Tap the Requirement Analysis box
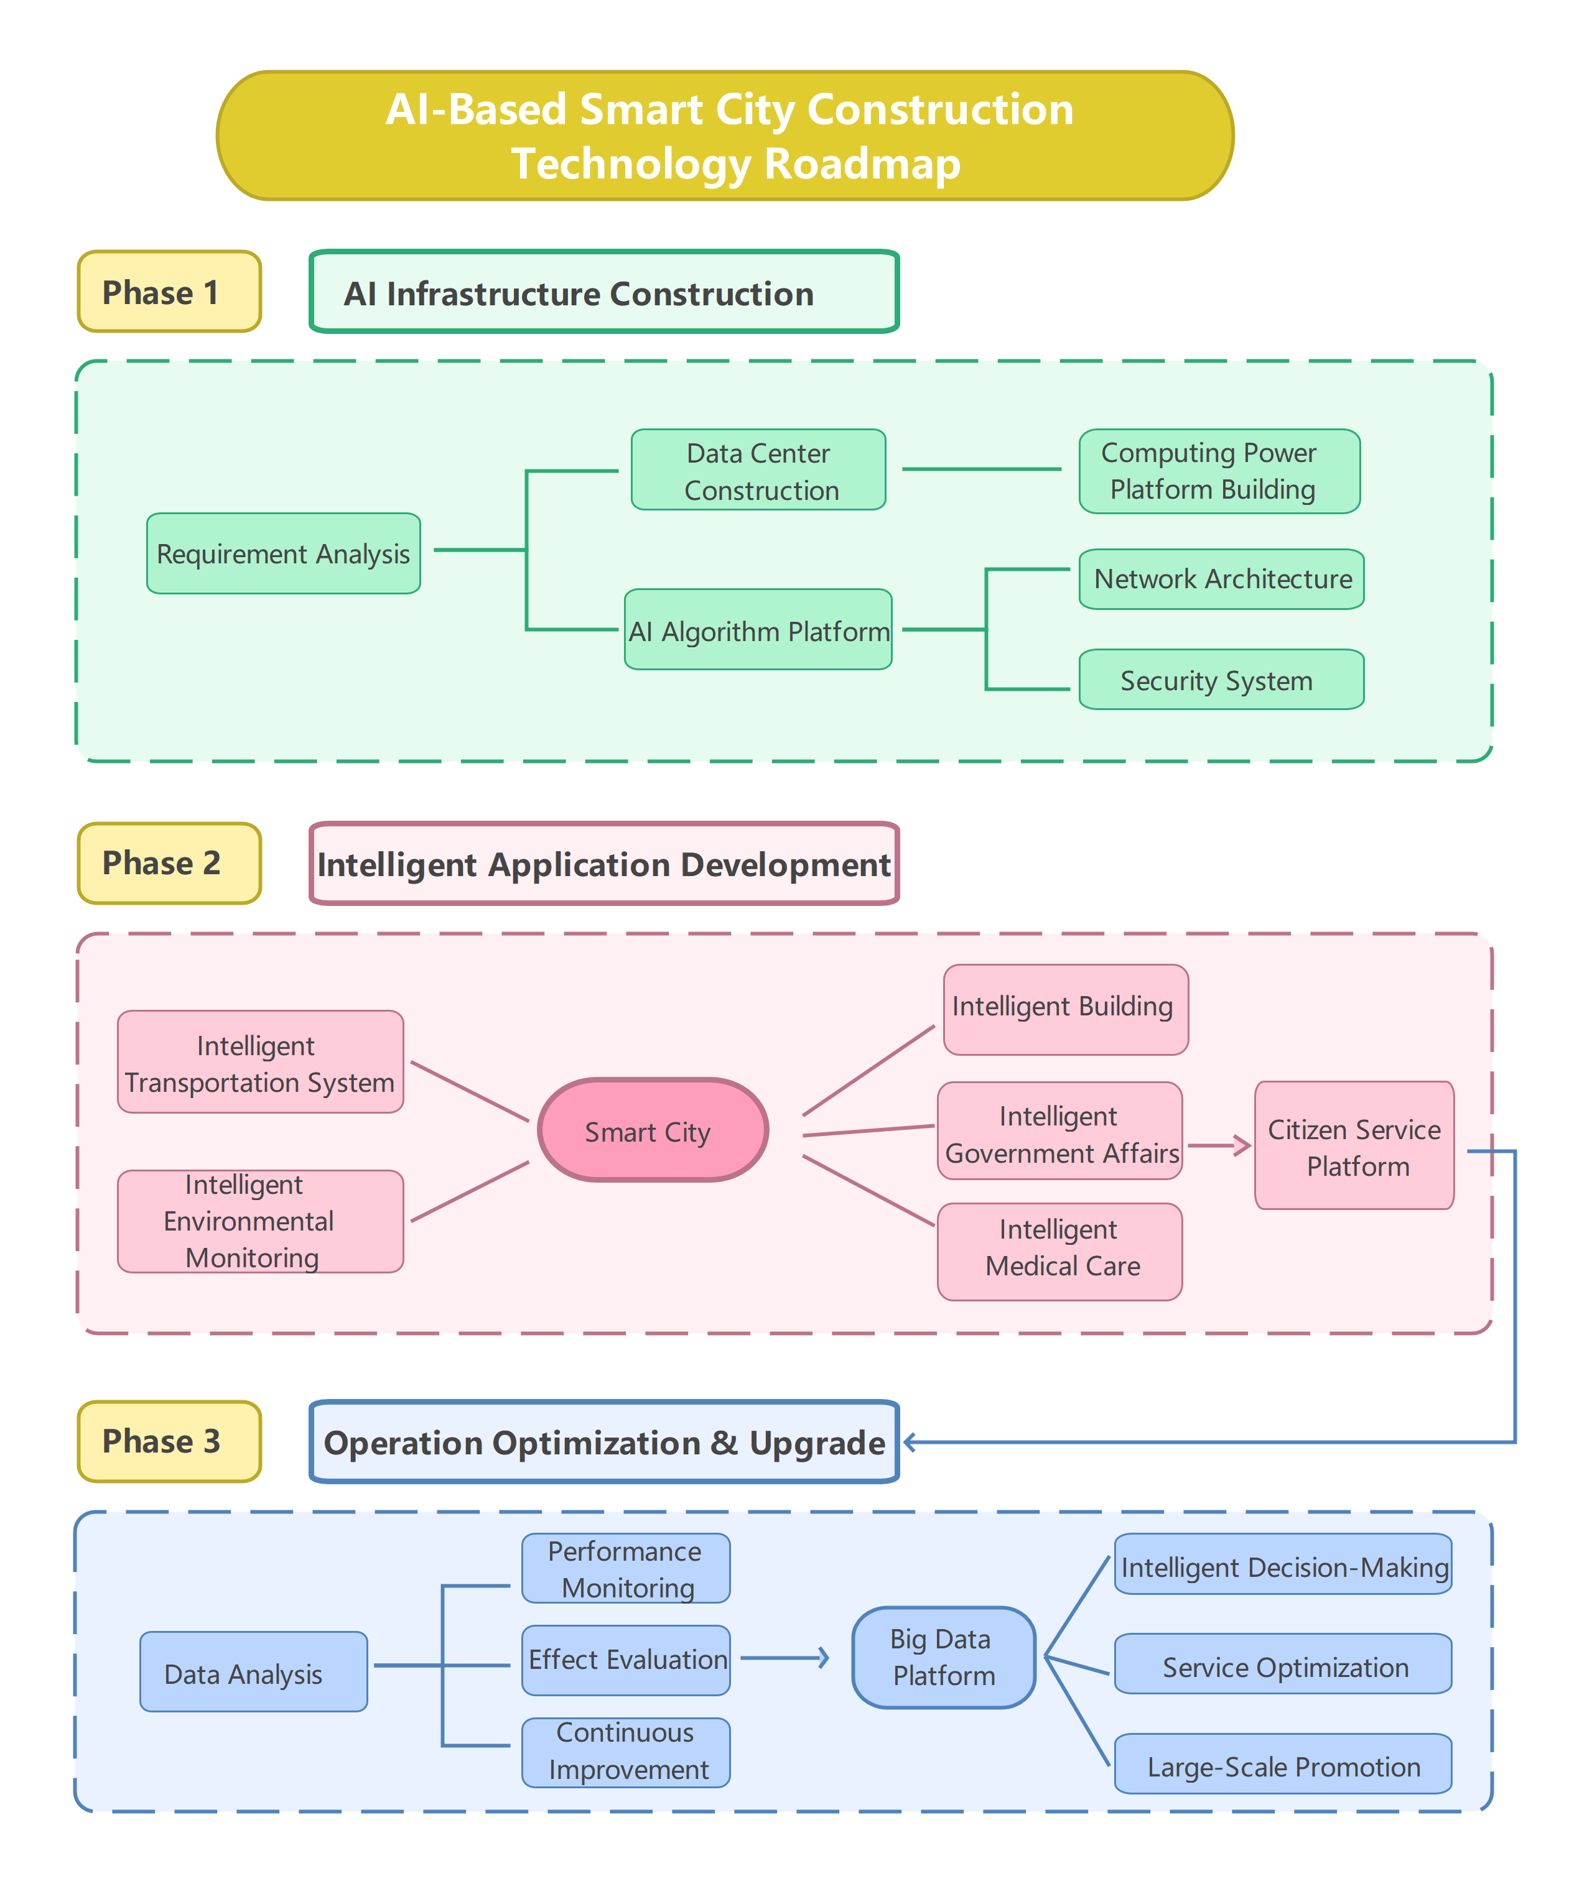(x=284, y=553)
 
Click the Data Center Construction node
(x=758, y=470)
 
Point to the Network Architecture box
(x=1221, y=579)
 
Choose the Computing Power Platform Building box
(x=1219, y=471)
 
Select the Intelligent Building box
(x=1065, y=1009)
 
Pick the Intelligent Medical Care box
(x=1059, y=1251)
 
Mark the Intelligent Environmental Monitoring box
(x=260, y=1221)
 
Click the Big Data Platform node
(x=943, y=1656)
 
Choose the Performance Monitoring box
(x=625, y=1568)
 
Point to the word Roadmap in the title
(x=862, y=164)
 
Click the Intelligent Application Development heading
(x=604, y=863)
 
